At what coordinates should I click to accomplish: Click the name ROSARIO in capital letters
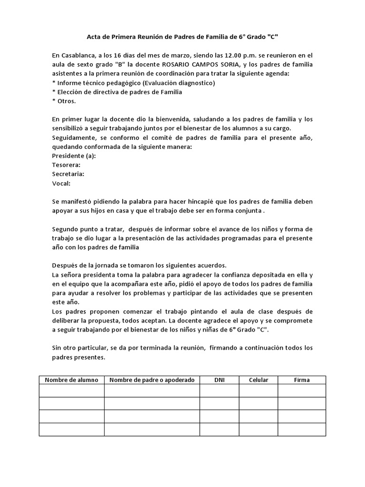coord(174,65)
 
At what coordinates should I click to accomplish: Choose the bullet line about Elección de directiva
coord(117,92)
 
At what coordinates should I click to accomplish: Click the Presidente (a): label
coord(74,156)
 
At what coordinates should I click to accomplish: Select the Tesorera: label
coord(66,165)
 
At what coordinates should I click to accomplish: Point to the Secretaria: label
coord(68,174)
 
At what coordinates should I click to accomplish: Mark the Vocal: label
coord(61,183)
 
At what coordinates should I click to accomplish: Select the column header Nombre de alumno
coord(72,380)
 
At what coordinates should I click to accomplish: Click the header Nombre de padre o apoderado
coord(152,380)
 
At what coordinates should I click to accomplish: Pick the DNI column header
coord(219,380)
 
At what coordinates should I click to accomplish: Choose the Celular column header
coord(259,380)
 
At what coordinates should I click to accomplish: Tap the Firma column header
coord(302,380)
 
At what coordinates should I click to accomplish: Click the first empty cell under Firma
coord(302,390)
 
